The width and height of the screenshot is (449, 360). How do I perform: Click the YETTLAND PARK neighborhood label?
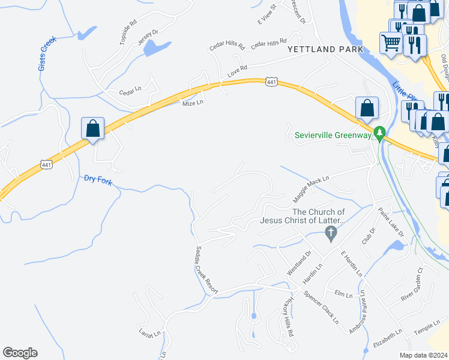tap(325, 49)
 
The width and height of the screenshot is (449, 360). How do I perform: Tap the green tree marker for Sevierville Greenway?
tap(379, 133)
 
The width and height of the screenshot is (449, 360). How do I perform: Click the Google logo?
tap(20, 353)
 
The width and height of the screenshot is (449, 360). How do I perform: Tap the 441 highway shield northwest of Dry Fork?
tap(47, 164)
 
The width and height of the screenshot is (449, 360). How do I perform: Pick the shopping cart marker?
tap(391, 42)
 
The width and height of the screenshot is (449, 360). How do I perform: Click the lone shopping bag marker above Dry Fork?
tap(92, 128)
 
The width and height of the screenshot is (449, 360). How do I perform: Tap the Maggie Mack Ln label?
tap(312, 189)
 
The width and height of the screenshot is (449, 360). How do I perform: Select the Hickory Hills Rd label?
tap(290, 315)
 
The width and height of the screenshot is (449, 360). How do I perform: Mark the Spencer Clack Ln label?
tap(321, 307)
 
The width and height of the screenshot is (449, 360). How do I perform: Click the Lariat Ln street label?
tap(149, 333)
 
